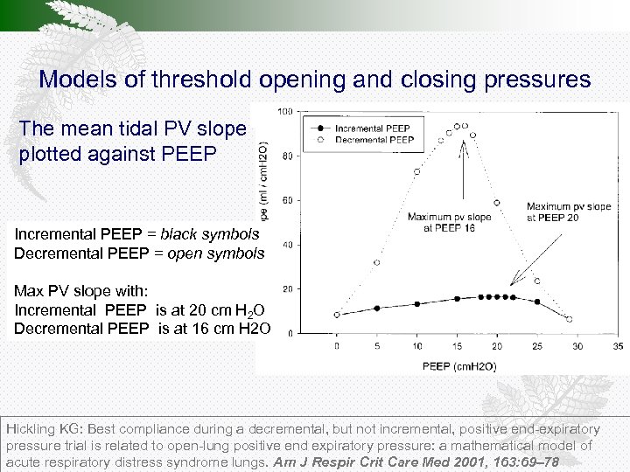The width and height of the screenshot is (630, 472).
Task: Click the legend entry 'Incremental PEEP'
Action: pyautogui.click(x=379, y=128)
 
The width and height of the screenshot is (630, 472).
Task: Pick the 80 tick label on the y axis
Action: pyautogui.click(x=286, y=156)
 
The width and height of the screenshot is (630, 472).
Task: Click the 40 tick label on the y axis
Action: pyautogui.click(x=286, y=245)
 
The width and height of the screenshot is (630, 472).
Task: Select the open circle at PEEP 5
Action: pyautogui.click(x=377, y=262)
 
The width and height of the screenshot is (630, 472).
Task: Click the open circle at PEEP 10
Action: pyautogui.click(x=417, y=171)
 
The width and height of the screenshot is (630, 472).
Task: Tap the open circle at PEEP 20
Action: pyautogui.click(x=497, y=203)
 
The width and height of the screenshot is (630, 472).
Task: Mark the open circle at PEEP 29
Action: pyautogui.click(x=570, y=320)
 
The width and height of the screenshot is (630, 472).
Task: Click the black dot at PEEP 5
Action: pyautogui.click(x=377, y=308)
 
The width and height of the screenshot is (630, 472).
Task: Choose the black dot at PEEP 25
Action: pyautogui.click(x=537, y=302)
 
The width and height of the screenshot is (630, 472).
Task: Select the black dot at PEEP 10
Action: pyautogui.click(x=417, y=303)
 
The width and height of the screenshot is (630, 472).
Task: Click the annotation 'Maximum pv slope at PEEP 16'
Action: pyautogui.click(x=450, y=222)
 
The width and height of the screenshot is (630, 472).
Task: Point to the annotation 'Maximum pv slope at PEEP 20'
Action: pyautogui.click(x=569, y=212)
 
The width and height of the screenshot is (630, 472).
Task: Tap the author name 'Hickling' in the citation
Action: pyautogui.click(x=31, y=430)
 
